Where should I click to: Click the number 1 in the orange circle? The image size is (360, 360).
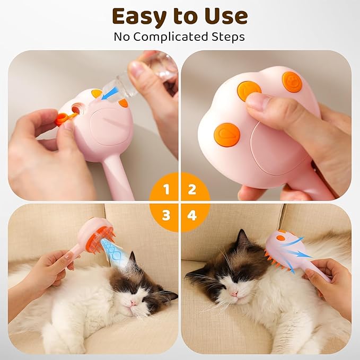pyautogui.click(x=166, y=189)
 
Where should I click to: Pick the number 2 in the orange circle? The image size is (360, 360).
pyautogui.click(x=192, y=189)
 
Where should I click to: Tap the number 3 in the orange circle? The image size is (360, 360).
pyautogui.click(x=166, y=215)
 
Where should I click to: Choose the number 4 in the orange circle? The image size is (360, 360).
pyautogui.click(x=192, y=215)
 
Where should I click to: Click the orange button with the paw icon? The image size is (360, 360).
pyautogui.click(x=292, y=82)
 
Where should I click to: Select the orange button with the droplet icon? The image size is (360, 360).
pyautogui.click(x=227, y=134)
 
